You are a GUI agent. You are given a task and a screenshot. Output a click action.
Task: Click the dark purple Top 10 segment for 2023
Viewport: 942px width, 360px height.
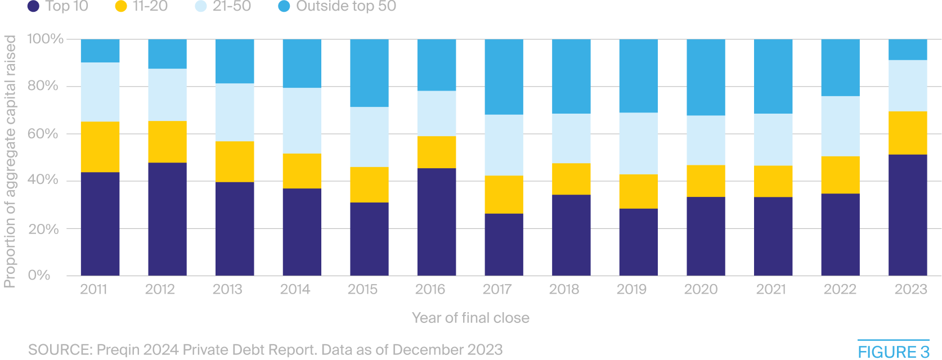(908, 215)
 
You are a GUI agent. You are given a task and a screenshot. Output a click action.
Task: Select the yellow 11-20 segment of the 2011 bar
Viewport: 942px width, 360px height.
(100, 147)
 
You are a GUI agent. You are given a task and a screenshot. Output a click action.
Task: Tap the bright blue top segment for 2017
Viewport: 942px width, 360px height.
(504, 76)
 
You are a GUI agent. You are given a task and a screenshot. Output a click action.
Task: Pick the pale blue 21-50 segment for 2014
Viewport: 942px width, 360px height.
(302, 120)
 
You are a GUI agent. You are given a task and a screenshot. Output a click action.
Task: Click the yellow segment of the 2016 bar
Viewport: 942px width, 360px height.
(436, 152)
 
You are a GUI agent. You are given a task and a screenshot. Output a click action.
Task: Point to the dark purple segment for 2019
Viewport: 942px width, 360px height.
(638, 242)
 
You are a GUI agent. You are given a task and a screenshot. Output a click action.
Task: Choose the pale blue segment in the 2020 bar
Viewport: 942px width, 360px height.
(706, 140)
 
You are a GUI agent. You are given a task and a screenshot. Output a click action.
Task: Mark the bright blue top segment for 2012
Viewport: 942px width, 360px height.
(167, 54)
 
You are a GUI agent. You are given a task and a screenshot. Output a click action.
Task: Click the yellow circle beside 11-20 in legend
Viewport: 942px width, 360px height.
(121, 7)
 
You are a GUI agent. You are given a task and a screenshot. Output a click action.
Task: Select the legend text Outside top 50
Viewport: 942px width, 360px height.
(346, 7)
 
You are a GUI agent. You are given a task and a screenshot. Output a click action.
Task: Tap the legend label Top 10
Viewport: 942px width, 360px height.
(66, 7)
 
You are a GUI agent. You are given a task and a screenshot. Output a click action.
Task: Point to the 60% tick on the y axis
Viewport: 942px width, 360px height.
(43, 134)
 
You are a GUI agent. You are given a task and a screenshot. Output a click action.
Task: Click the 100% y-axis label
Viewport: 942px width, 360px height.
(45, 39)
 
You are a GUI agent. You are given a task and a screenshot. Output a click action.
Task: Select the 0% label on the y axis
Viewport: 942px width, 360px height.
(39, 275)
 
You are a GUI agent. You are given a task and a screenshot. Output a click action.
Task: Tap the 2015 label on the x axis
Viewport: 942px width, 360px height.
(362, 289)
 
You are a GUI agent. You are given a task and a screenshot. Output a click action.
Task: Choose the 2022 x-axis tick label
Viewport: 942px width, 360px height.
(840, 289)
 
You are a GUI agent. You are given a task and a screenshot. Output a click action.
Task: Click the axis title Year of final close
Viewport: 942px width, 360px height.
(470, 318)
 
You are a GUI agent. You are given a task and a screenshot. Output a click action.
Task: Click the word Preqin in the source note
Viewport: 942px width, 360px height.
(118, 350)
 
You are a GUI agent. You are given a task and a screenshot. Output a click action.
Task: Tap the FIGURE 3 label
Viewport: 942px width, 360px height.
(893, 352)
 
